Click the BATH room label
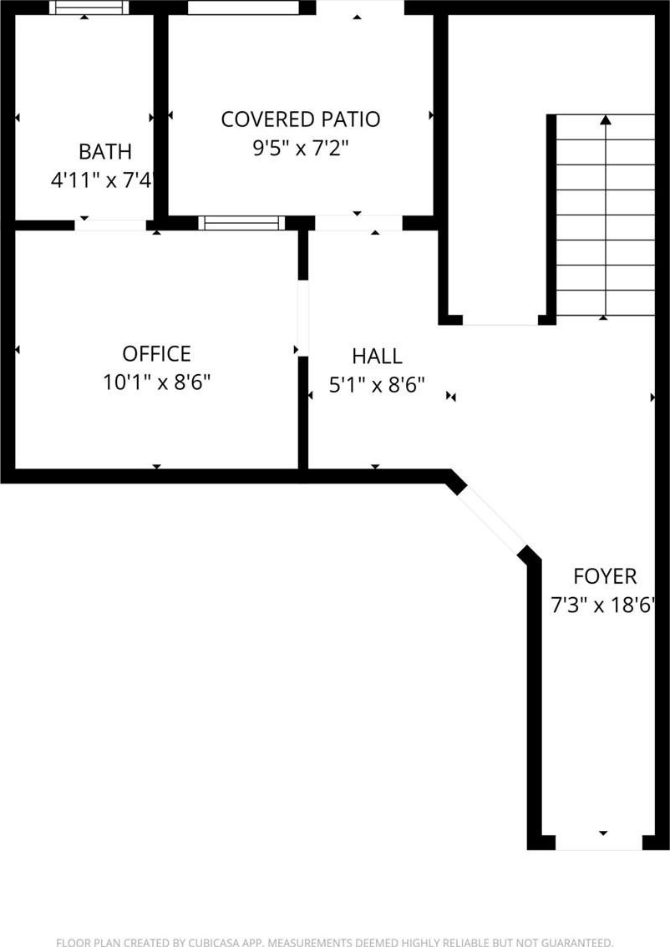coord(105,151)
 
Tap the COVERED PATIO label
coord(300,119)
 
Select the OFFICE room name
coord(156,353)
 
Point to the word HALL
coord(377,356)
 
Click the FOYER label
coord(605,576)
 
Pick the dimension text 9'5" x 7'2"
coord(300,147)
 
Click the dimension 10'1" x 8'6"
coord(156,382)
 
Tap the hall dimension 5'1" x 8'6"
coord(377,384)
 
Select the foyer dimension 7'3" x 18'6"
coord(603,604)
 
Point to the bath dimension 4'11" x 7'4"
coord(101,180)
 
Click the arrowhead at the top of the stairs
coord(606,119)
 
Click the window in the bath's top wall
coord(89,8)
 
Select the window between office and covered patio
coord(241,223)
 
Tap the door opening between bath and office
coord(110,225)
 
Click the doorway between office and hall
coord(302,317)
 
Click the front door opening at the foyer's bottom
coord(599,843)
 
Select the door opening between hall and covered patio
coord(358,224)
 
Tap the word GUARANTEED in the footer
coord(576,942)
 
